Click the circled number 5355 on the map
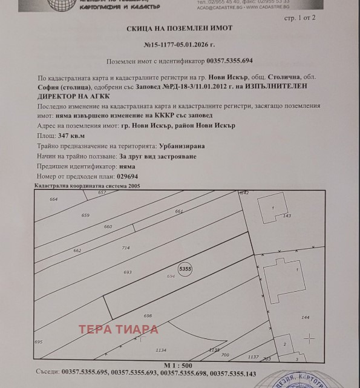click(x=185, y=268)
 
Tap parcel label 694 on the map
click(x=171, y=276)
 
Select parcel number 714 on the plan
click(x=126, y=248)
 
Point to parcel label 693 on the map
click(x=128, y=272)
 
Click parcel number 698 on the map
click(x=148, y=316)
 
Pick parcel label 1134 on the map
click(x=160, y=350)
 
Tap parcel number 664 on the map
click(x=54, y=199)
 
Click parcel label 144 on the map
click(x=305, y=317)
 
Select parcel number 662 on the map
click(x=77, y=250)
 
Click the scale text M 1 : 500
click(x=178, y=366)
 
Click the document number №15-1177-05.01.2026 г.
click(x=180, y=45)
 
